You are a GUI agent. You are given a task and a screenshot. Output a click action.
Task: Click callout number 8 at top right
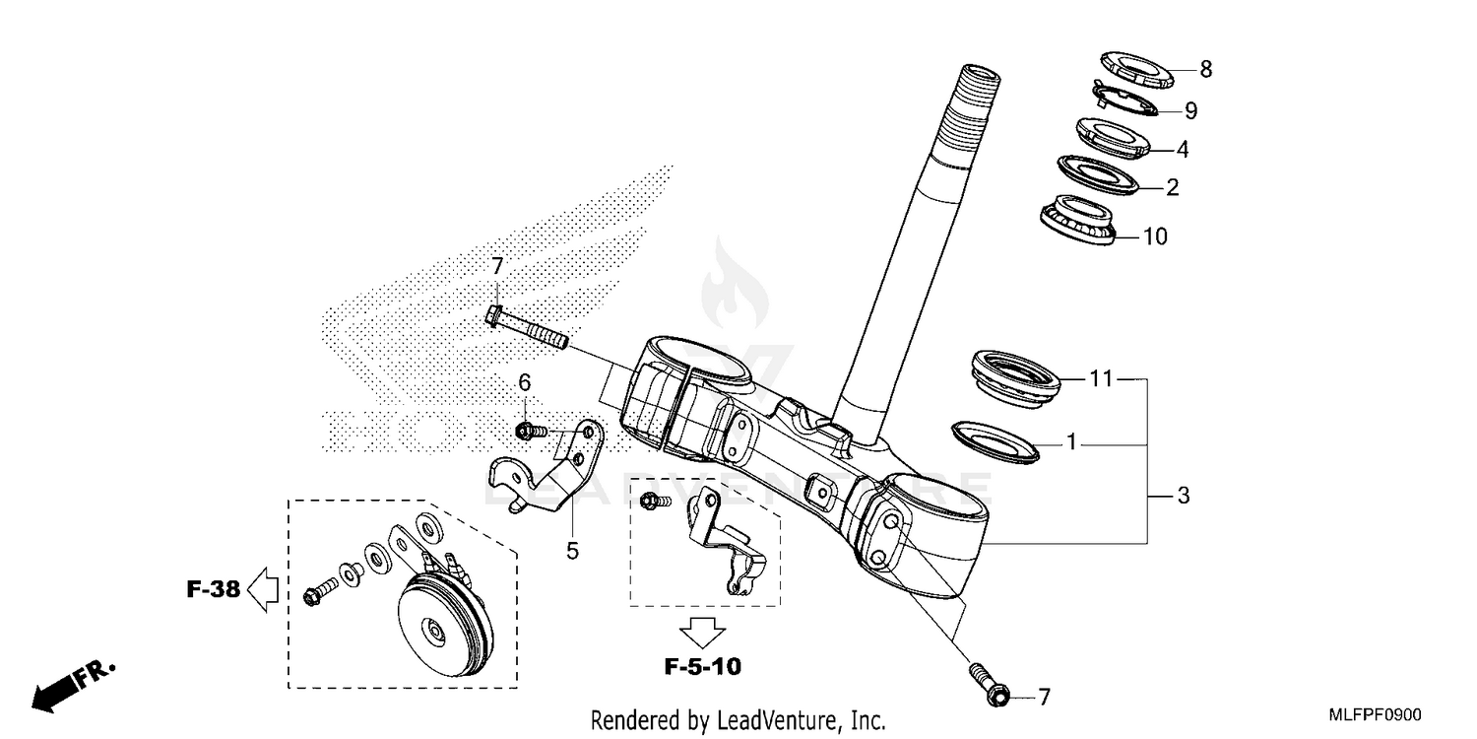click(x=1204, y=69)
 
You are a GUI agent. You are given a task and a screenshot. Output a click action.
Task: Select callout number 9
click(x=1190, y=110)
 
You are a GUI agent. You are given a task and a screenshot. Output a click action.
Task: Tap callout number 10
click(x=1154, y=236)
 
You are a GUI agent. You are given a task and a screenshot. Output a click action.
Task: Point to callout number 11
click(x=1100, y=377)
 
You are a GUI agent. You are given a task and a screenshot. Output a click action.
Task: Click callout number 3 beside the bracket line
click(x=1183, y=496)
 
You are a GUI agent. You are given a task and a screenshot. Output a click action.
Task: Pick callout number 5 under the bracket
click(x=572, y=550)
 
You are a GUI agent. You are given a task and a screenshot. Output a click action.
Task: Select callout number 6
click(x=525, y=381)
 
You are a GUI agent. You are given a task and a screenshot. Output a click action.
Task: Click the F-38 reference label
click(x=213, y=590)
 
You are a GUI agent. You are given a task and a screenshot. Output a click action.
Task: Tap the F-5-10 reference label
click(x=701, y=667)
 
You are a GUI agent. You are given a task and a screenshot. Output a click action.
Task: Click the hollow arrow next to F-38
click(x=262, y=590)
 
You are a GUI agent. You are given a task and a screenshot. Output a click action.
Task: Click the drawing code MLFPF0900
click(x=1376, y=714)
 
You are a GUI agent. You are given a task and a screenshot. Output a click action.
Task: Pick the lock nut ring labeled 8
click(x=1134, y=71)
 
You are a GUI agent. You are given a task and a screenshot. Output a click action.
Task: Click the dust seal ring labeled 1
click(x=995, y=438)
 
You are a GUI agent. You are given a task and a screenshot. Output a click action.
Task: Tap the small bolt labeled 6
click(x=530, y=431)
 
